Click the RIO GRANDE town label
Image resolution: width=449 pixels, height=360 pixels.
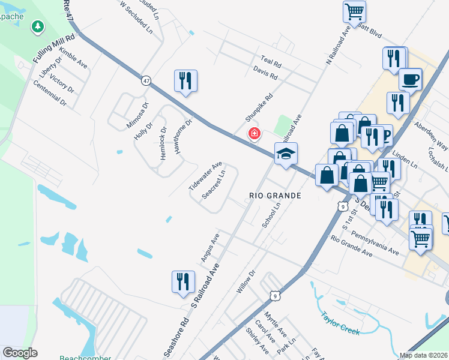point(275,196)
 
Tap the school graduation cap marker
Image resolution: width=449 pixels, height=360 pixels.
point(286,154)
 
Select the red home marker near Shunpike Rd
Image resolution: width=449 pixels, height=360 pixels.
point(254,133)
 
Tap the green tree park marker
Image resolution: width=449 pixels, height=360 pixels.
point(38,27)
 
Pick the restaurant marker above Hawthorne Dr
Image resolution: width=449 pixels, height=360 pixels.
point(185,80)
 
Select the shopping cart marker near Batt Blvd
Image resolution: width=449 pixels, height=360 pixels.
point(354,11)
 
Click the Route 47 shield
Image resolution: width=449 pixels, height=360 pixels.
point(146,80)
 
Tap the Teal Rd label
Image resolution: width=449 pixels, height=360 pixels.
point(271,62)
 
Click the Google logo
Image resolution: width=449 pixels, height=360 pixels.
point(20,353)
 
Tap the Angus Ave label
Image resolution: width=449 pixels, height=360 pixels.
point(211,248)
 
